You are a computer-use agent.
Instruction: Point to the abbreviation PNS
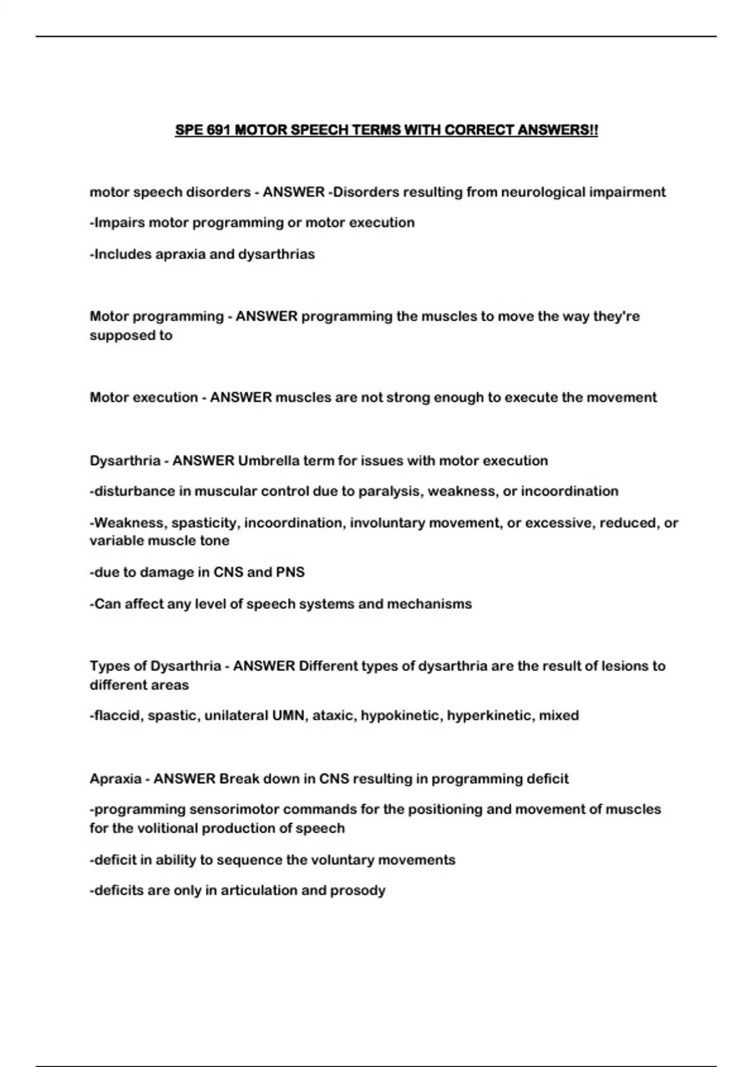[291, 572]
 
